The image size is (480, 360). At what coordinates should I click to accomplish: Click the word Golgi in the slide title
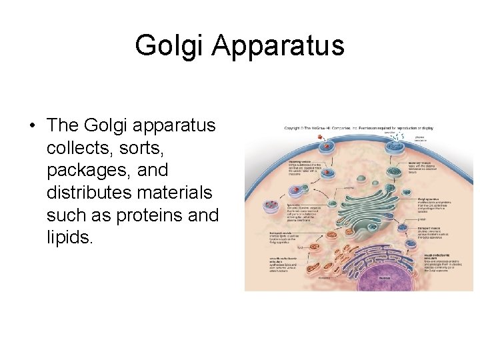pyautogui.click(x=165, y=45)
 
